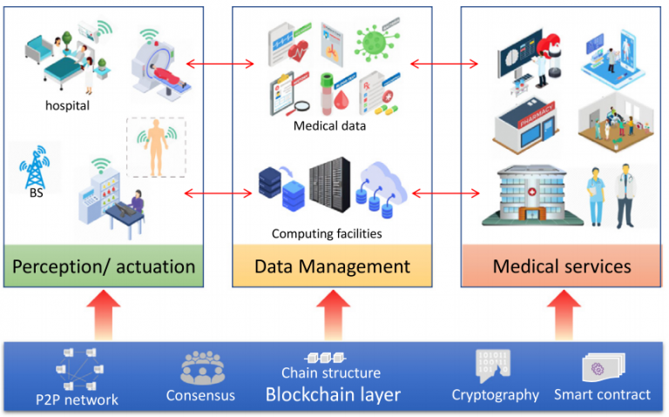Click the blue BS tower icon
[35, 167]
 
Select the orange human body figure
[156, 147]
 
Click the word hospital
[67, 105]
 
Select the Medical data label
[329, 125]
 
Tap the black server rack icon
[330, 185]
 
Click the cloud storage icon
[382, 189]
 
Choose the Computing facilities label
[327, 233]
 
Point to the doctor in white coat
[625, 195]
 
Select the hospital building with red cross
[531, 195]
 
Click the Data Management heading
[332, 266]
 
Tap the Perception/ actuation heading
[104, 266]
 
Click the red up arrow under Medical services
[564, 314]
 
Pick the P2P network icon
[79, 369]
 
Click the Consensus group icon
[202, 367]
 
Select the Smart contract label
[602, 395]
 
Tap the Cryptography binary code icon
[492, 366]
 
